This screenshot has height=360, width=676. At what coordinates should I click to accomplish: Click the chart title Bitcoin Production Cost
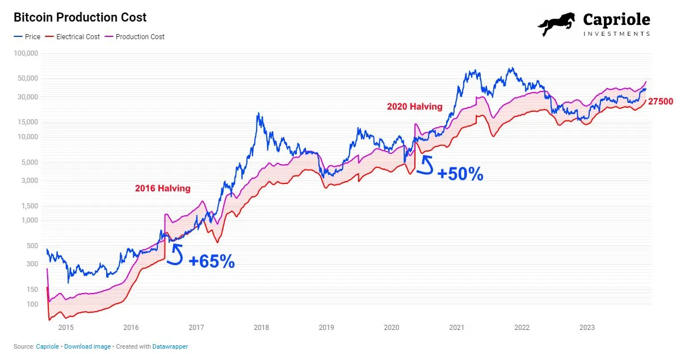[80, 18]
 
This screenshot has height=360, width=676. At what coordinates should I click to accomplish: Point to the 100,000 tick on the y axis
[25, 53]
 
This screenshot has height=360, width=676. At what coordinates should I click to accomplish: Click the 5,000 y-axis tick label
[30, 162]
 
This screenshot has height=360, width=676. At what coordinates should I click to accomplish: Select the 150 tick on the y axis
[32, 290]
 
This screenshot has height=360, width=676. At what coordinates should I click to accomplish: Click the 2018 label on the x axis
[261, 328]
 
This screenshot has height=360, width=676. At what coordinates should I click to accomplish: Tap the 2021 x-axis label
[457, 328]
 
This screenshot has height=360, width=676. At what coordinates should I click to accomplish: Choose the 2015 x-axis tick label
[66, 328]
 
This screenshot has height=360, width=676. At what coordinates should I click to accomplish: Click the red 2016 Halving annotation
[162, 189]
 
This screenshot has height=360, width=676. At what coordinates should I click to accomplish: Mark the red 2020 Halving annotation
[414, 106]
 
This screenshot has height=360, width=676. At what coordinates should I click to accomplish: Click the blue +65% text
[211, 262]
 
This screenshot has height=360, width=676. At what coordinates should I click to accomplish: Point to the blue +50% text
[460, 174]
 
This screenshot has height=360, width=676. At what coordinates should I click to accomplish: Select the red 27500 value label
[661, 102]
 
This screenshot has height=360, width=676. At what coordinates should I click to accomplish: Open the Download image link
[88, 346]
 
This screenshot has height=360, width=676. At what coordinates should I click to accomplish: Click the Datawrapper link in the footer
[170, 346]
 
